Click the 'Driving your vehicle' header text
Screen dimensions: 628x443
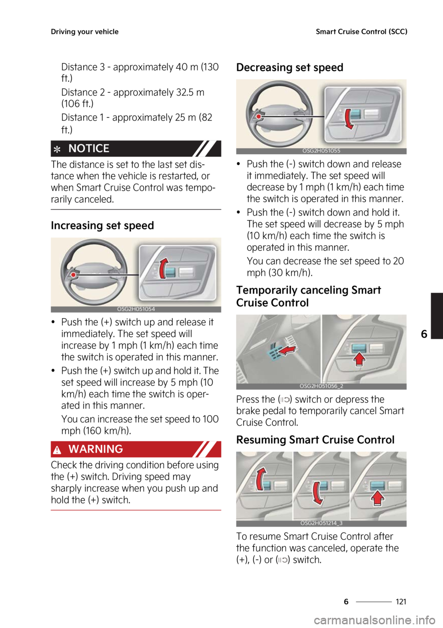[x=84, y=32]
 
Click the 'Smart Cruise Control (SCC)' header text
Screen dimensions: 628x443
[x=361, y=32]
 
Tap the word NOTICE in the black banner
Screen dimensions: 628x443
[x=89, y=149]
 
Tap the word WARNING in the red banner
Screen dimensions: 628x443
[x=96, y=449]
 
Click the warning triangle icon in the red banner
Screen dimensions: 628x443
[x=57, y=450]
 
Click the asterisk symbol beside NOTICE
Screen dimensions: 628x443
[x=57, y=150]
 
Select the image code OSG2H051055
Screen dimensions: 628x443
[x=321, y=151]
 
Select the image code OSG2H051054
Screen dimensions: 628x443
[x=136, y=309]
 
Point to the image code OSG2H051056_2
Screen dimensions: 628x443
[x=321, y=386]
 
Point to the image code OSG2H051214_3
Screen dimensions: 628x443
[x=321, y=523]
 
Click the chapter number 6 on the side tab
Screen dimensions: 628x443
[x=424, y=334]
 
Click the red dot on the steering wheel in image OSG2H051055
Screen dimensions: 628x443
[x=259, y=117]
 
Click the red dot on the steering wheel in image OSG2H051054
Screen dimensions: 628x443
[x=73, y=275]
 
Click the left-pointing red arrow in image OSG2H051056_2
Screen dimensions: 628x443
[x=287, y=352]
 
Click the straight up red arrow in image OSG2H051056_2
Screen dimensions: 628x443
[x=359, y=359]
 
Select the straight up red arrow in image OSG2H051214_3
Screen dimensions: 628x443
[x=377, y=498]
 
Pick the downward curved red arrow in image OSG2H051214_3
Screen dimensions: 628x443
[x=317, y=493]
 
